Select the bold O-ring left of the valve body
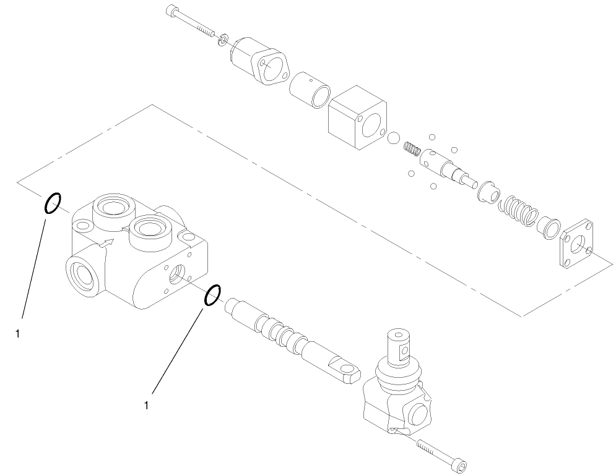53,203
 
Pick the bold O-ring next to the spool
212,295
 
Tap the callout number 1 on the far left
17,334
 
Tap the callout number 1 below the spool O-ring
146,406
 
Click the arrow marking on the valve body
109,243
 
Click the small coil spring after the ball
412,149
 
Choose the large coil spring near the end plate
519,209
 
